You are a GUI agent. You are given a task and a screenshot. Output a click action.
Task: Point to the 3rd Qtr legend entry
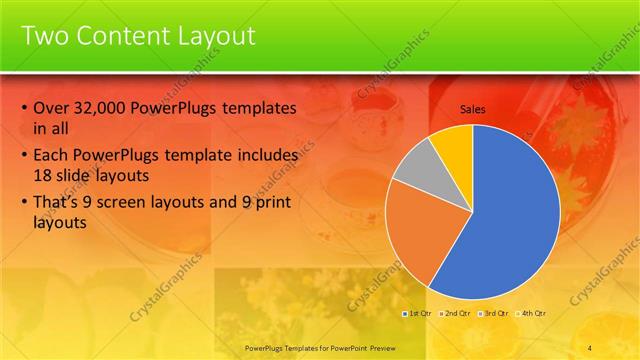(494, 313)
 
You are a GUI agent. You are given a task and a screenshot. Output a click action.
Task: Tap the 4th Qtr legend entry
(532, 313)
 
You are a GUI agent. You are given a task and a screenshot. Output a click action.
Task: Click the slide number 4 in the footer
(589, 346)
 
